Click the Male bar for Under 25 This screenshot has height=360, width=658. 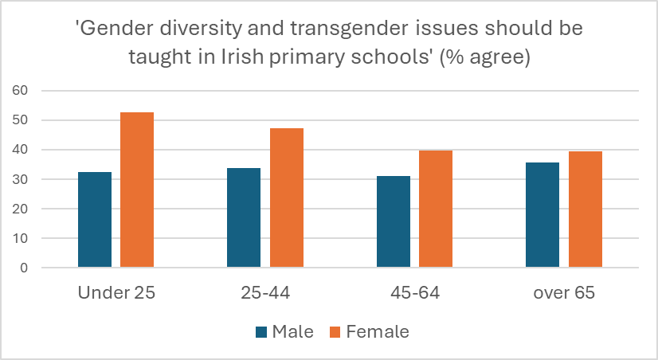pos(95,219)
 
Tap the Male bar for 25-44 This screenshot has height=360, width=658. pos(244,217)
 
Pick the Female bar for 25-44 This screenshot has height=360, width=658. pos(286,198)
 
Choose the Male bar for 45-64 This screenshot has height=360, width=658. pos(393,221)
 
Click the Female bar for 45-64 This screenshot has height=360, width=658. pos(436,209)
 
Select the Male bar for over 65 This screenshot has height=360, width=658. pos(542,215)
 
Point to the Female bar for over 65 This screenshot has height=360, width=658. pos(585,209)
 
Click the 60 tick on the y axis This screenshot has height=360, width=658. pos(20,91)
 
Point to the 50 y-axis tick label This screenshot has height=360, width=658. pos(20,120)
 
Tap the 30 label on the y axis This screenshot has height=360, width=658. pos(20,179)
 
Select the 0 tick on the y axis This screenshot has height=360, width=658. pos(24,268)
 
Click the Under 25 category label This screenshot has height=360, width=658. pos(116,292)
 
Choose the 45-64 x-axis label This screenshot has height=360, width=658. pos(414,292)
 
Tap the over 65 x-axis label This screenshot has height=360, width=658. pos(564,292)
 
